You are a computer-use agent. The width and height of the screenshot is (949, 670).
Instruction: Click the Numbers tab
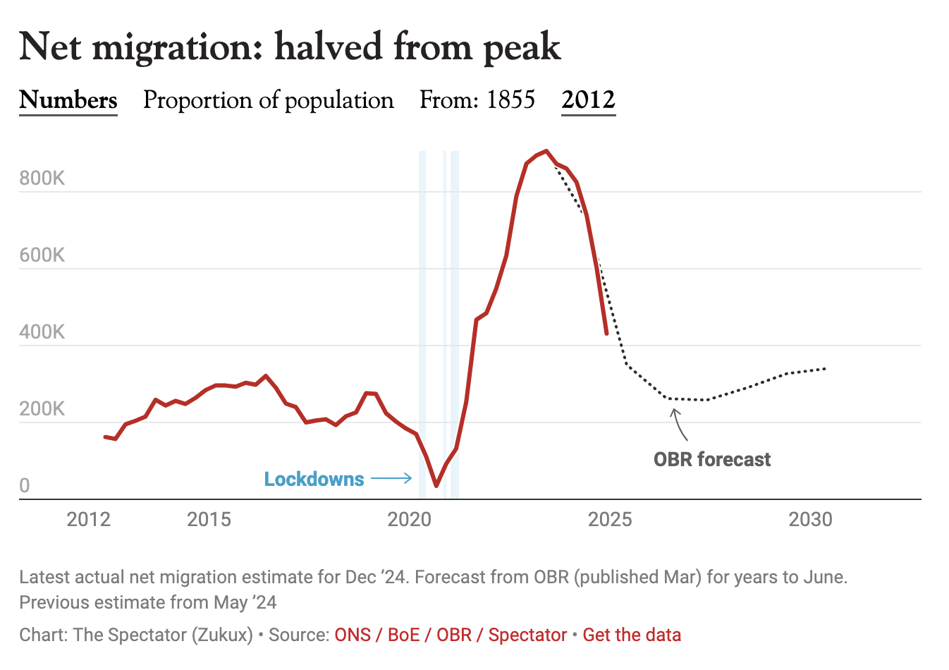point(68,100)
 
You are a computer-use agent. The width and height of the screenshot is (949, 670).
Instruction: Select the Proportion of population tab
point(268,100)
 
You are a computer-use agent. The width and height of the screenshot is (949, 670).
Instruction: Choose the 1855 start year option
point(510,100)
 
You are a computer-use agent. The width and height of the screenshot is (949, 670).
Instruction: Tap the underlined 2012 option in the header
point(588,100)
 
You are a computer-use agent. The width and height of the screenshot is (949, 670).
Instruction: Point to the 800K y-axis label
point(42,178)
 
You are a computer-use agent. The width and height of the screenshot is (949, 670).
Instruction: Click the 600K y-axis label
point(42,255)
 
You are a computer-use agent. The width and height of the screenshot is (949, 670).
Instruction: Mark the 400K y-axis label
point(42,331)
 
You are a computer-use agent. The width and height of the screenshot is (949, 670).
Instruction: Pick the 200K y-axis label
point(42,408)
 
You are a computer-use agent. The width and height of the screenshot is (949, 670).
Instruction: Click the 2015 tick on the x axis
point(209,520)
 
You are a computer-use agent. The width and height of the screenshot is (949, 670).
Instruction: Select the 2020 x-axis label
point(409,520)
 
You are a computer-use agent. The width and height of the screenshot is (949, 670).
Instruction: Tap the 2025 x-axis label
point(610,520)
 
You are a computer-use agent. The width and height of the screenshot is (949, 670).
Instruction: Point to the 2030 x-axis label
point(810,520)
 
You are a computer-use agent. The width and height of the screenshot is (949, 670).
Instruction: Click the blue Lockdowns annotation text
point(314,480)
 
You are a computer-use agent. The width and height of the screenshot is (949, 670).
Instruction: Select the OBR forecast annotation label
point(712,460)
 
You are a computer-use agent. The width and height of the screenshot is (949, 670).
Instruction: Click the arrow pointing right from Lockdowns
point(392,479)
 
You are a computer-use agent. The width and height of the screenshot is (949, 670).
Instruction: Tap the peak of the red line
point(546,151)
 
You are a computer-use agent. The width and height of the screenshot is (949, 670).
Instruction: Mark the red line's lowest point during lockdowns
point(436,486)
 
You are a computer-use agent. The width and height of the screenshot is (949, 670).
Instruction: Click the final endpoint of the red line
point(606,334)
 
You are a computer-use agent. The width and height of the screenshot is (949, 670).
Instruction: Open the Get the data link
point(632,635)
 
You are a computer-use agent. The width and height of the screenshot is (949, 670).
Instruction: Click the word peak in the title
point(522,48)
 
